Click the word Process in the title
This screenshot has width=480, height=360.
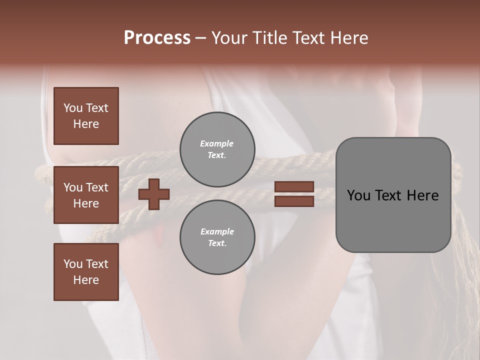157,38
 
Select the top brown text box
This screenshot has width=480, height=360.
86,116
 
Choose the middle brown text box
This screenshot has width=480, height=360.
86,195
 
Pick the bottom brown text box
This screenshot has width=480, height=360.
86,272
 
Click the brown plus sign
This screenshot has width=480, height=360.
154,194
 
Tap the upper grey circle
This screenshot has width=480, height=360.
217,149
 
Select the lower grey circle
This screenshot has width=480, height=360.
217,237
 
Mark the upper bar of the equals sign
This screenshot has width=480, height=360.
294,186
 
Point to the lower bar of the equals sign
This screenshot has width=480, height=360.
294,201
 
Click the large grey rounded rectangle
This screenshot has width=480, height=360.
393,195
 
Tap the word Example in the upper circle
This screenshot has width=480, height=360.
217,143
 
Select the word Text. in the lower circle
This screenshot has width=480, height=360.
217,243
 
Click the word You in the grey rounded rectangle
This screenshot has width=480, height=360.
359,195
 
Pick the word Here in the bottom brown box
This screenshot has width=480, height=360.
86,280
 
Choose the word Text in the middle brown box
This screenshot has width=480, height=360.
97,187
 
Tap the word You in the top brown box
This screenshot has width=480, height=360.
73,108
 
